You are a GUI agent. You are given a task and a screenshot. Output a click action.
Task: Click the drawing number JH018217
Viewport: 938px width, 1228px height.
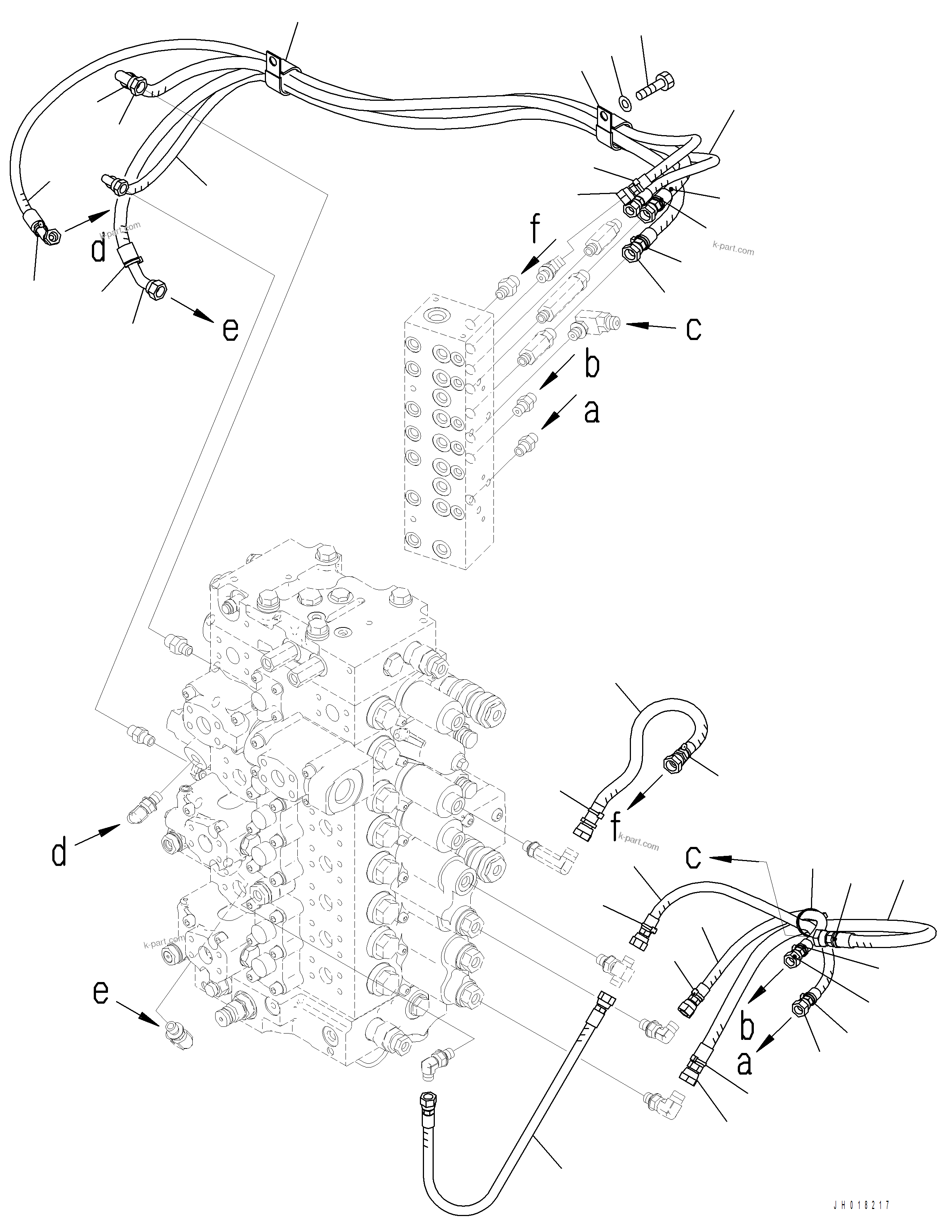pos(861,1206)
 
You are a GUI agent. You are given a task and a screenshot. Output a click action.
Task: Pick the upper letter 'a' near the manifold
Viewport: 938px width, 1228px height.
pos(592,412)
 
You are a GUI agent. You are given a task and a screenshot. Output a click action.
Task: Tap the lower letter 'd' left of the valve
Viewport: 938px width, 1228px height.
pos(59,853)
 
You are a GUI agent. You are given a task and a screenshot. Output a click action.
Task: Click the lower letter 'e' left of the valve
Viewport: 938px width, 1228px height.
pos(100,992)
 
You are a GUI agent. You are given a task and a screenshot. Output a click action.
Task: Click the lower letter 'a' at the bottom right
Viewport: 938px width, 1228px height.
pos(744,1063)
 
